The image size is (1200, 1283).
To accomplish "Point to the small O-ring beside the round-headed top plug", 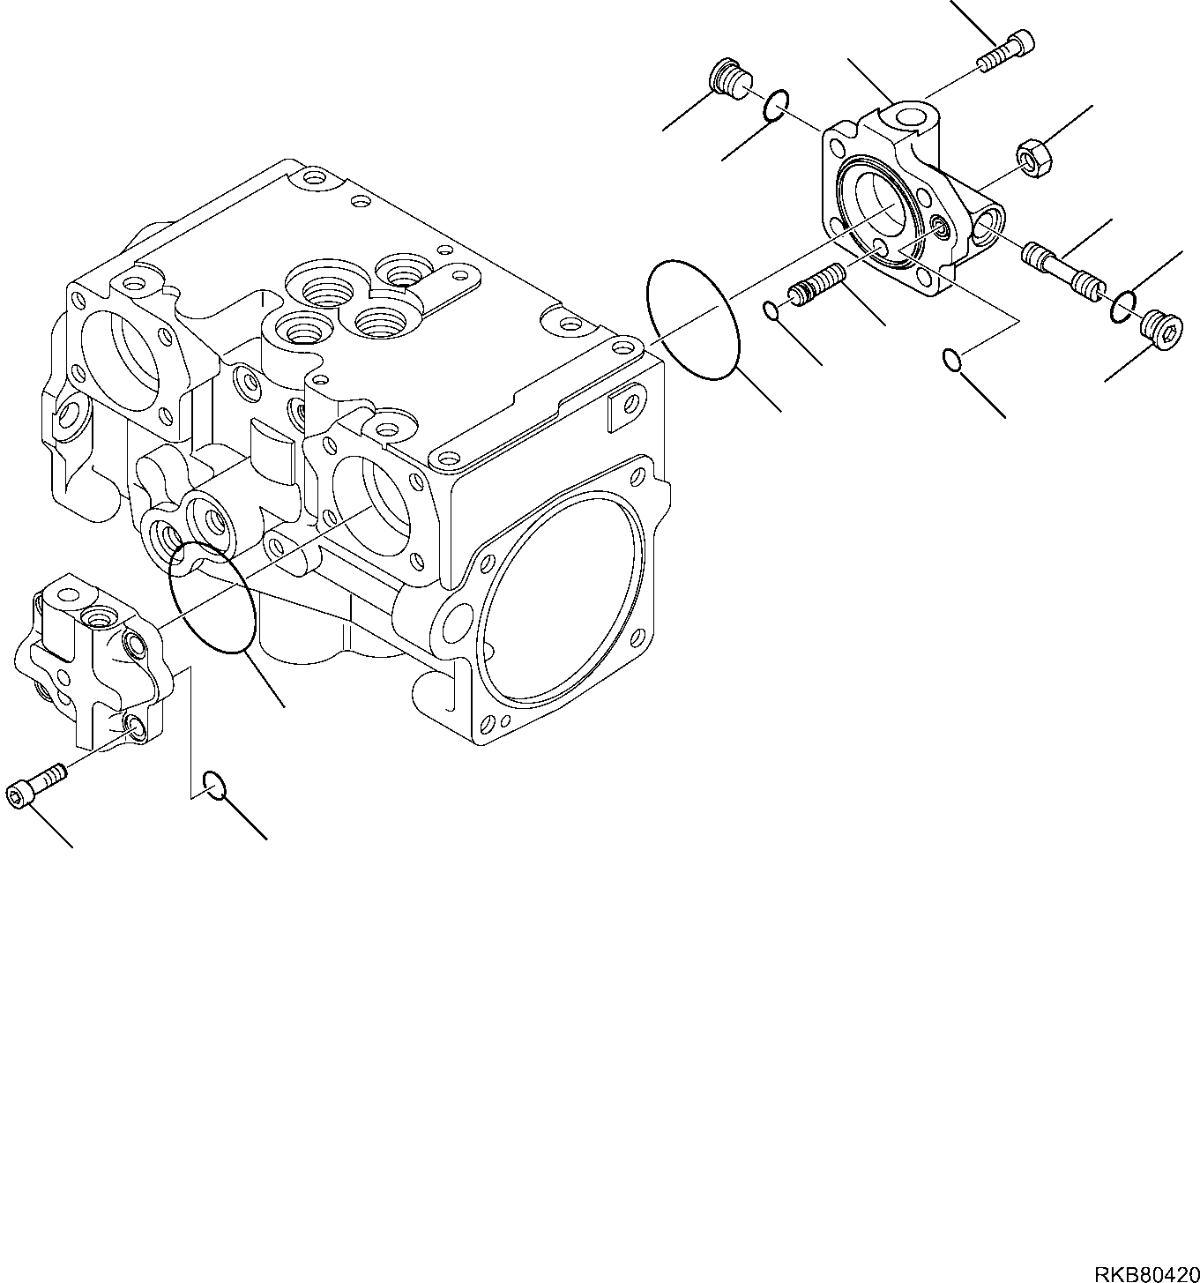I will click(773, 104).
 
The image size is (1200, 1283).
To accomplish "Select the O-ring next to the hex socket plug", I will click(1122, 307).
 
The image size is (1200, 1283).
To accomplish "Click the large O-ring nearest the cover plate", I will click(693, 319).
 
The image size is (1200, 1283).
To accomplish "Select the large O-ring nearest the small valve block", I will click(212, 598).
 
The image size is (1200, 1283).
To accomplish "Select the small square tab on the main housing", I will click(621, 407).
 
